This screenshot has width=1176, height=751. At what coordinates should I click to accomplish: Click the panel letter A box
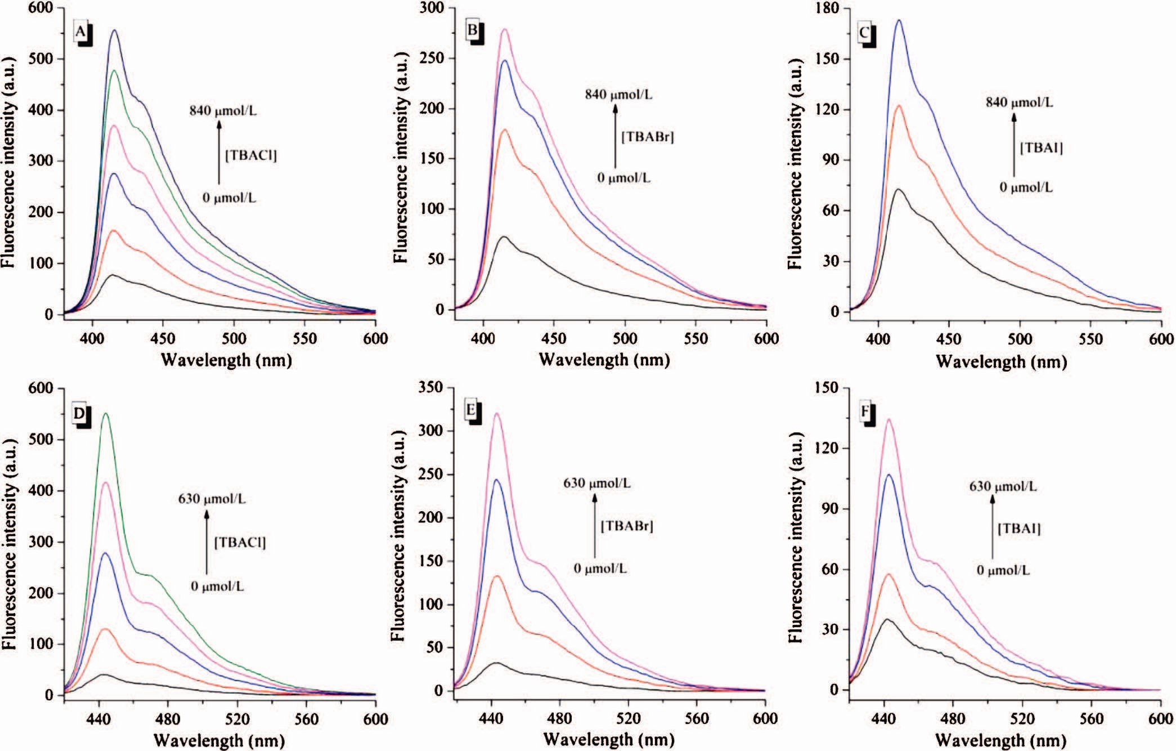(x=81, y=33)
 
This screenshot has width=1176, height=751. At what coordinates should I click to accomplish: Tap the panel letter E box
(x=471, y=410)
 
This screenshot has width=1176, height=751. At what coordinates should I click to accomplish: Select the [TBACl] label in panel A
(x=251, y=155)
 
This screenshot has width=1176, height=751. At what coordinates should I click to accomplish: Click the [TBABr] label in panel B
(x=647, y=136)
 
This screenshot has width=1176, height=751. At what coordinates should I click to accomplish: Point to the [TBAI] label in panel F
(x=1019, y=529)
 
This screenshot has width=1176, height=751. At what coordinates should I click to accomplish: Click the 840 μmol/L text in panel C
(x=1019, y=102)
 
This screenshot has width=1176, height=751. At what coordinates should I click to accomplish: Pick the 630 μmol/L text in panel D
(x=212, y=499)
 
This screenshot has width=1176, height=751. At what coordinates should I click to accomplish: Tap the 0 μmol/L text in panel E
(x=600, y=568)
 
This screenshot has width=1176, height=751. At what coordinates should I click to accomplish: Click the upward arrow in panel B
(x=616, y=135)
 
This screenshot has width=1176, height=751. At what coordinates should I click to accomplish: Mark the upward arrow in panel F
(x=993, y=526)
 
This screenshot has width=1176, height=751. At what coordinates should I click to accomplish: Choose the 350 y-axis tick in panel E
(x=432, y=388)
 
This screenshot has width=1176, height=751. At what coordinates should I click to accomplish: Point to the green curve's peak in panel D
(x=105, y=414)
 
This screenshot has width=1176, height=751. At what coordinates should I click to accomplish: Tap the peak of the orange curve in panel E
(x=497, y=576)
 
